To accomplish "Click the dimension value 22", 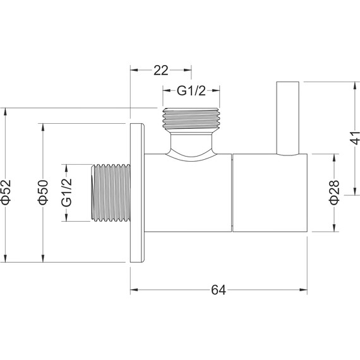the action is (160, 71).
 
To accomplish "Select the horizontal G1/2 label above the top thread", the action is (191, 91).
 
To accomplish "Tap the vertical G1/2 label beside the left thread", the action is (66, 193).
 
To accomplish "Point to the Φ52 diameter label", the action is (6, 192).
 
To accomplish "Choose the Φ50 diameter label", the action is (43, 192).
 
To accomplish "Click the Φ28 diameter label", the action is (334, 192).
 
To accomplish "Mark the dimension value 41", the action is (355, 138).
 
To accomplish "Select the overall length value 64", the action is (219, 290).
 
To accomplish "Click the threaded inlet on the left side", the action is (111, 193).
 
